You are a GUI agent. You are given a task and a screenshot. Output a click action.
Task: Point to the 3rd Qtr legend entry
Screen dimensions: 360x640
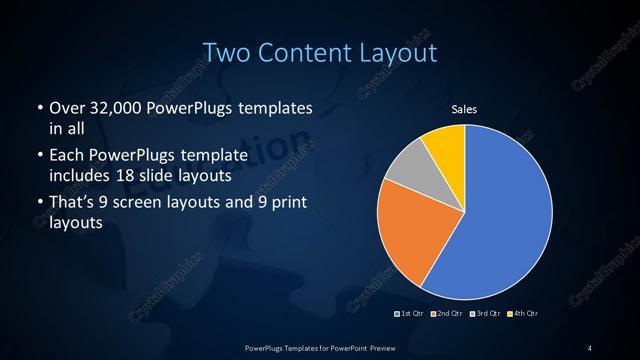pyautogui.click(x=485, y=314)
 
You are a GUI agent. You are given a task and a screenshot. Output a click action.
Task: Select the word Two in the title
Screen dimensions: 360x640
pyautogui.click(x=225, y=51)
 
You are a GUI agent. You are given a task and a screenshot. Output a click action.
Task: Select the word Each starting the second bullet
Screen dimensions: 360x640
pyautogui.click(x=67, y=155)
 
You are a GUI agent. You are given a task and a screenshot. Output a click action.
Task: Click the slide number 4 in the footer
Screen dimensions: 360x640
pyautogui.click(x=590, y=347)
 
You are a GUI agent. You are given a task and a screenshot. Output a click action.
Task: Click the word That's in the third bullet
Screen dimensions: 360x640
pyautogui.click(x=74, y=203)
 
